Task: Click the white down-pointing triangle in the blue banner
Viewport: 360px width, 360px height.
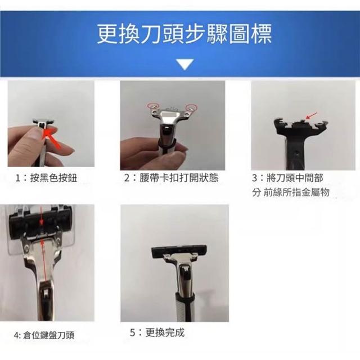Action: point(185,64)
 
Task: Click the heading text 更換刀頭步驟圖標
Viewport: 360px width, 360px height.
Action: point(184,34)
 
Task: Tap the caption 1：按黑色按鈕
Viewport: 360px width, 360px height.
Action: point(46,178)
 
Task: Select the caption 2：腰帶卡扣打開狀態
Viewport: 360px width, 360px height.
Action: point(171,178)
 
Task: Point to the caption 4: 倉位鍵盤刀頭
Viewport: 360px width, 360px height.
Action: point(44,335)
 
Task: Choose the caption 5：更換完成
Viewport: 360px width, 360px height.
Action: point(157,332)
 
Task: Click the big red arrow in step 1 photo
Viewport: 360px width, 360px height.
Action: point(51,138)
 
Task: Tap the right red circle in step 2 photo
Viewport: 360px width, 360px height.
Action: point(191,107)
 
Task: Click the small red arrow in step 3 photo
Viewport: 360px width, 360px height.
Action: point(311,116)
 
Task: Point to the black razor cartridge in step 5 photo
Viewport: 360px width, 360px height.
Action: point(179,251)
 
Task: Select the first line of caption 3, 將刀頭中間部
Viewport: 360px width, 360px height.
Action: point(287,178)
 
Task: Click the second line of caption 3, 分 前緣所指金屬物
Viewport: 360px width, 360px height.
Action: point(291,192)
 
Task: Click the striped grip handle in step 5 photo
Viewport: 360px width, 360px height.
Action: point(185,307)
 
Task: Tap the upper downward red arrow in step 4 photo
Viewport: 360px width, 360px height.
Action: point(41,215)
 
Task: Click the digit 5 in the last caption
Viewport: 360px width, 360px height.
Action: point(133,332)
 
